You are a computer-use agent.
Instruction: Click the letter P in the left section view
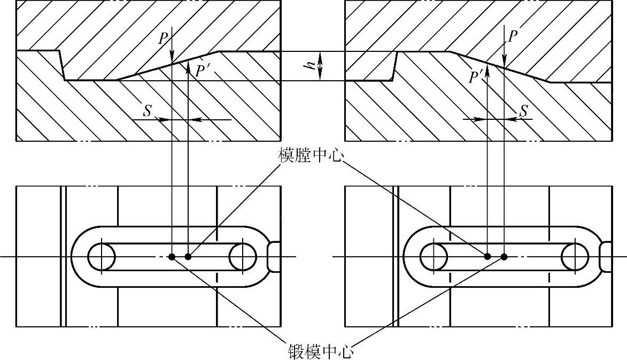(163, 38)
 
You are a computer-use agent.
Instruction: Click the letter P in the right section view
(513, 36)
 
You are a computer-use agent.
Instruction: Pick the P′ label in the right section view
(475, 78)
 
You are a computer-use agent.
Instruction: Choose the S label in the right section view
(524, 111)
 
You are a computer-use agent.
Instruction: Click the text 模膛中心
(311, 155)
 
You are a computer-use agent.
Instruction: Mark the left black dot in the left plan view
(172, 257)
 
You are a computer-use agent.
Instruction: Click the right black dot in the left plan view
(188, 257)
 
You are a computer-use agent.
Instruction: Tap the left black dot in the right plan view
(487, 257)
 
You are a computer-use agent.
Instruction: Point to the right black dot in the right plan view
(504, 257)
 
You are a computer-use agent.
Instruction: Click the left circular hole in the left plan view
(102, 257)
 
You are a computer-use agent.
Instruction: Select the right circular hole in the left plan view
(243, 257)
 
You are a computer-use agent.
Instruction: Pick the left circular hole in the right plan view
(434, 257)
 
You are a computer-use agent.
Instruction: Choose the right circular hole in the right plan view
(575, 257)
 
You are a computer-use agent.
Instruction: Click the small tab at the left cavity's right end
(273, 257)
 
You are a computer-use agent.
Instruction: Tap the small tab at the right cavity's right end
(606, 257)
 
